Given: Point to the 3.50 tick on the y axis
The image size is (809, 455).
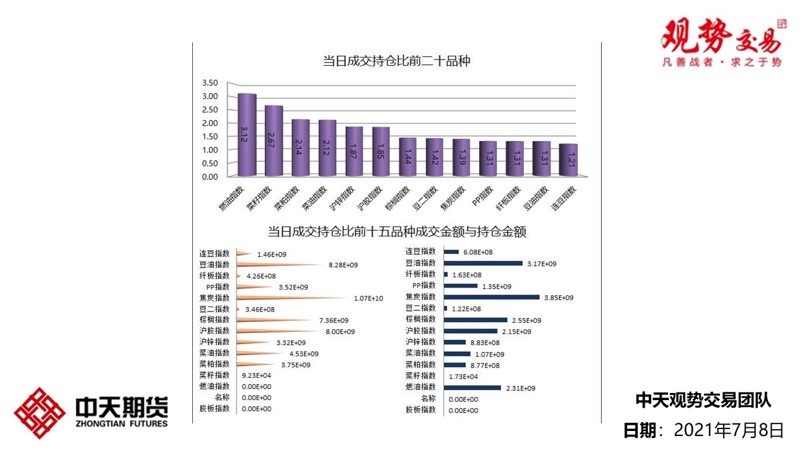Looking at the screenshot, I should point(210,83).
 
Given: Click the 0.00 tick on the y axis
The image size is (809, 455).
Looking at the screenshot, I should point(210,177).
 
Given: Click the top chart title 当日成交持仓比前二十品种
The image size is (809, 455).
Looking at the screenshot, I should point(396,61).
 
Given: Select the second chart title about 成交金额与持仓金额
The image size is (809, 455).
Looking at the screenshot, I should point(397,232).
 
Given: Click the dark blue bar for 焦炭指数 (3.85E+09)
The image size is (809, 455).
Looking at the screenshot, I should point(492,297).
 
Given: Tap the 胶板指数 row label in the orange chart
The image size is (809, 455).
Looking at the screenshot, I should point(214,409).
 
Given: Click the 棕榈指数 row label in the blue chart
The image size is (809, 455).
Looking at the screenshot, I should point(420,320).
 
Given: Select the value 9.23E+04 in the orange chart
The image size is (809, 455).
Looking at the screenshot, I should point(257,376).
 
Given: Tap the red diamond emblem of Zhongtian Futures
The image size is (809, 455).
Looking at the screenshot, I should point(40,413).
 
